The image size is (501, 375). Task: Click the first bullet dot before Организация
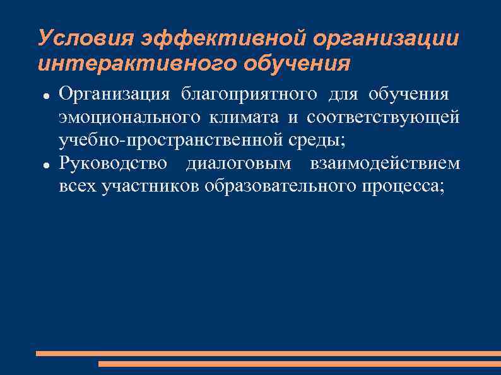click(x=46, y=96)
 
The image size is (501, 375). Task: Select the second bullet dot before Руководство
click(x=46, y=164)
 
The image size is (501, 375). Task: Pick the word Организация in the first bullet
click(x=114, y=95)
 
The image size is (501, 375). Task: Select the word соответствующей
click(x=384, y=118)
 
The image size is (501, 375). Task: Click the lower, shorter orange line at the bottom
click(x=299, y=364)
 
